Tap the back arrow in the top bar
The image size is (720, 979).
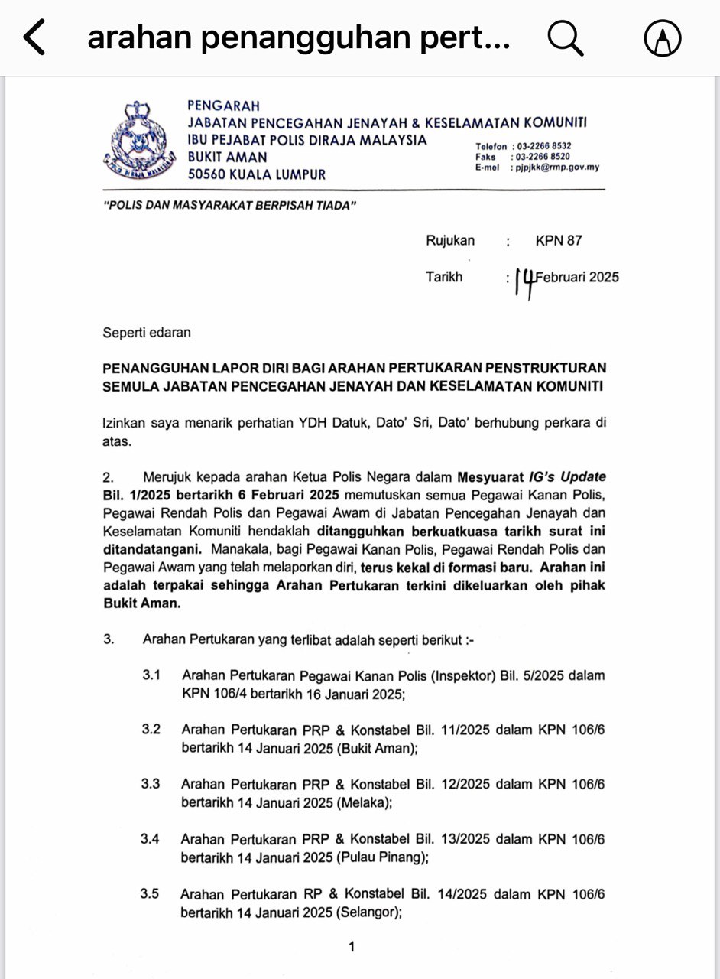point(35,38)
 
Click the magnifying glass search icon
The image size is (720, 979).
point(566,38)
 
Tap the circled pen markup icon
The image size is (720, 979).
point(663,38)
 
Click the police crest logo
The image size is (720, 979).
point(138,140)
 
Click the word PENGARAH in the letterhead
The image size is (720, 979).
point(224,106)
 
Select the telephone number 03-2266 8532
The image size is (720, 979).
point(544,146)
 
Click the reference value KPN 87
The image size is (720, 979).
point(559,241)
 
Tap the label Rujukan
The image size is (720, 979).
point(450,241)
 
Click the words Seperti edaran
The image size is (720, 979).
point(147,333)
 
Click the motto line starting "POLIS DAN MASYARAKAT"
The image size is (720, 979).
point(230,207)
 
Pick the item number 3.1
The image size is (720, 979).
point(151,675)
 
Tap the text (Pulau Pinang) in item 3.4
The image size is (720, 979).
point(381,858)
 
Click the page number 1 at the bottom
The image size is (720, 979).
point(352,947)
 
